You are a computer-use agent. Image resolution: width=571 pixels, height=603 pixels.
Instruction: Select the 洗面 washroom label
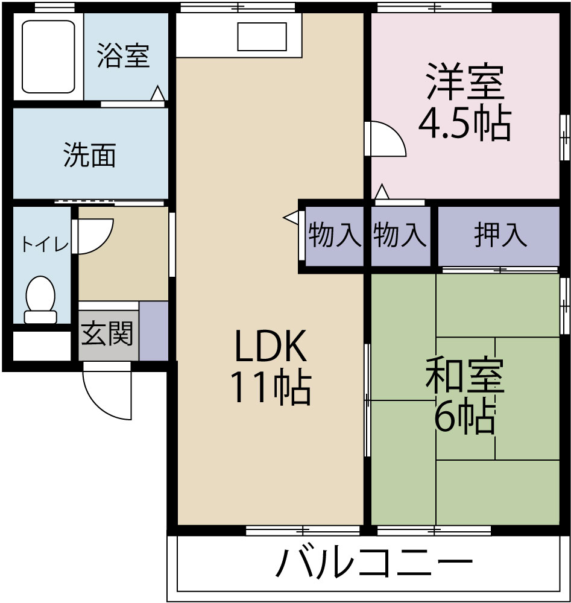coord(89,155)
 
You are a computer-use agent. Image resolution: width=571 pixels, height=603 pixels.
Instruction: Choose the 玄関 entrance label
coord(107,333)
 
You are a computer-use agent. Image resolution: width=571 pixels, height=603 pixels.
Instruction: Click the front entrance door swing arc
coord(109,395)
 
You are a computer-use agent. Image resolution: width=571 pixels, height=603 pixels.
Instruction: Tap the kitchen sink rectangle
coord(262,37)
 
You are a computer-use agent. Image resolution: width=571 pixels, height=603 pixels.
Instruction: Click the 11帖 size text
coord(271,389)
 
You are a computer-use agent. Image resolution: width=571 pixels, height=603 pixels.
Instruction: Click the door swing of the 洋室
coord(386,139)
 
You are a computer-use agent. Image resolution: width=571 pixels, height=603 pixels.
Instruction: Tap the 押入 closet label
coord(500,235)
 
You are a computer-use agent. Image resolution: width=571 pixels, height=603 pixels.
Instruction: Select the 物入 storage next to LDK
coord(335,235)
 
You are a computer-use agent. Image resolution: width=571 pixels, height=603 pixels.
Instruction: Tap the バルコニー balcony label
coord(374,564)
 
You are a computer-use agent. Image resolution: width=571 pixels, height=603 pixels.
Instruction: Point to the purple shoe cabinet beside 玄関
coord(154,330)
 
